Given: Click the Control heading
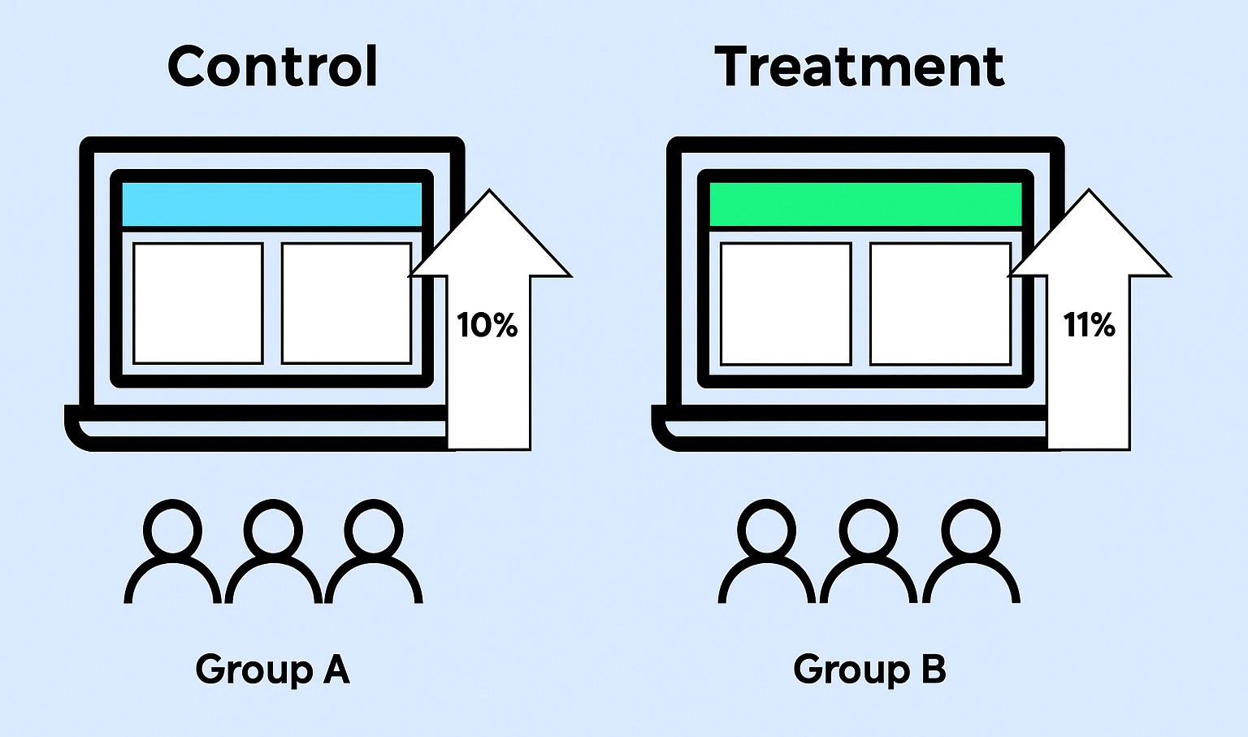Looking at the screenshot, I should tap(273, 67).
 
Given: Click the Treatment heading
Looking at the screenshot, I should tap(860, 67).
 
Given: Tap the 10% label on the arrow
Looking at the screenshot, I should tap(487, 325).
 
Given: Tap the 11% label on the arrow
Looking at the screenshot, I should tap(1089, 325).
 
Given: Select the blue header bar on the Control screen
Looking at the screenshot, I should tap(271, 204).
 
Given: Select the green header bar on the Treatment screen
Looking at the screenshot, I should tap(865, 204).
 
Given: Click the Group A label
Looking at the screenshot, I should tap(273, 670).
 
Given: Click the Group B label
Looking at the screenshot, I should tap(869, 670).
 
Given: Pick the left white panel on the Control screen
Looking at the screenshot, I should tap(197, 303).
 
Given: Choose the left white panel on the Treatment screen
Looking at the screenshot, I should tap(785, 303).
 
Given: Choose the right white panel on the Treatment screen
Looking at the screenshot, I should tap(938, 303).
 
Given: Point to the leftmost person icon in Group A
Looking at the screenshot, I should tap(172, 553).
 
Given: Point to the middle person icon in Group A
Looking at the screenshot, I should tap(273, 553).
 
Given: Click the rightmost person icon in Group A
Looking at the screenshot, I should tap(374, 553).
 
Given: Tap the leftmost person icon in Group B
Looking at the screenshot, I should tap(767, 553).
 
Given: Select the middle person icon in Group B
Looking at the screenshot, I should tap(869, 553).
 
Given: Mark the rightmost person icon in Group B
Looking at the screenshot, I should tap(971, 553).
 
